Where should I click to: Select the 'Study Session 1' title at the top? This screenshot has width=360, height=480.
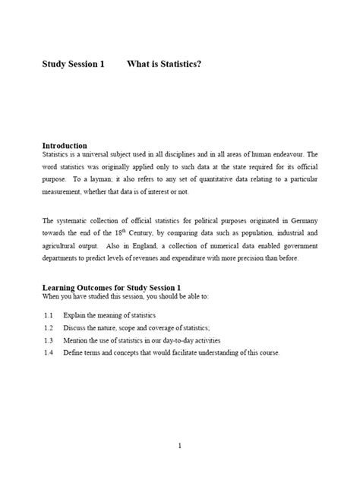pos(73,65)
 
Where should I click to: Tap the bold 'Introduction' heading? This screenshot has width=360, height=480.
pos(65,145)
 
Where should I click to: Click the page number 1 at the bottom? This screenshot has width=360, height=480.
pos(179,446)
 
